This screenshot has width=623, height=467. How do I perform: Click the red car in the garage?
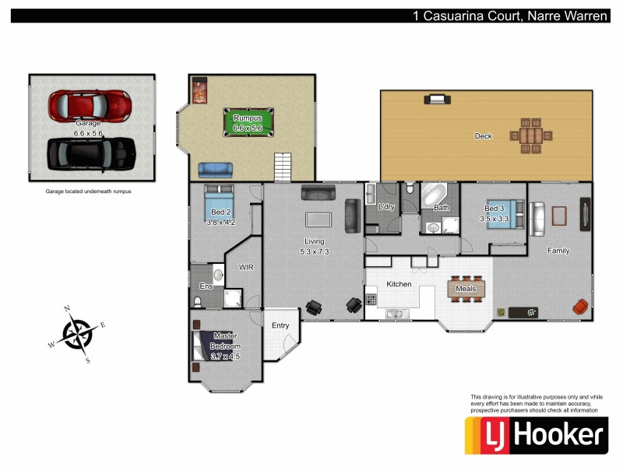point(90,104)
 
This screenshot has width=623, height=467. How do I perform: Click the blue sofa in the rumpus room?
point(214,169)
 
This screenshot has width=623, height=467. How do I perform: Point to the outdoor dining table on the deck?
point(530,135)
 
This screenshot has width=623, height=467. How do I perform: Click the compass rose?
point(77,335)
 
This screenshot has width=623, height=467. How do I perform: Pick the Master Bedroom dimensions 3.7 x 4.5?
point(226,356)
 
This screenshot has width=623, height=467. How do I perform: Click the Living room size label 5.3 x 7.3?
point(315,251)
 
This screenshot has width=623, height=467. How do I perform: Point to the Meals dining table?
point(466,289)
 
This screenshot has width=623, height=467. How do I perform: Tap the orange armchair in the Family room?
point(580,307)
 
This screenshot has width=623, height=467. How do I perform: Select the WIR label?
point(246,267)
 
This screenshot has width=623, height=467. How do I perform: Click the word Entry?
point(280,325)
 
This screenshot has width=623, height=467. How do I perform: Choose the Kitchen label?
point(399,284)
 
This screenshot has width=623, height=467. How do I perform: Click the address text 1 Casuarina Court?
point(464,16)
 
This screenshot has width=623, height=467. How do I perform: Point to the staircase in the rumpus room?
point(282,167)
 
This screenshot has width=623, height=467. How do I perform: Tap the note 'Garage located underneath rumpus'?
point(88,191)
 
